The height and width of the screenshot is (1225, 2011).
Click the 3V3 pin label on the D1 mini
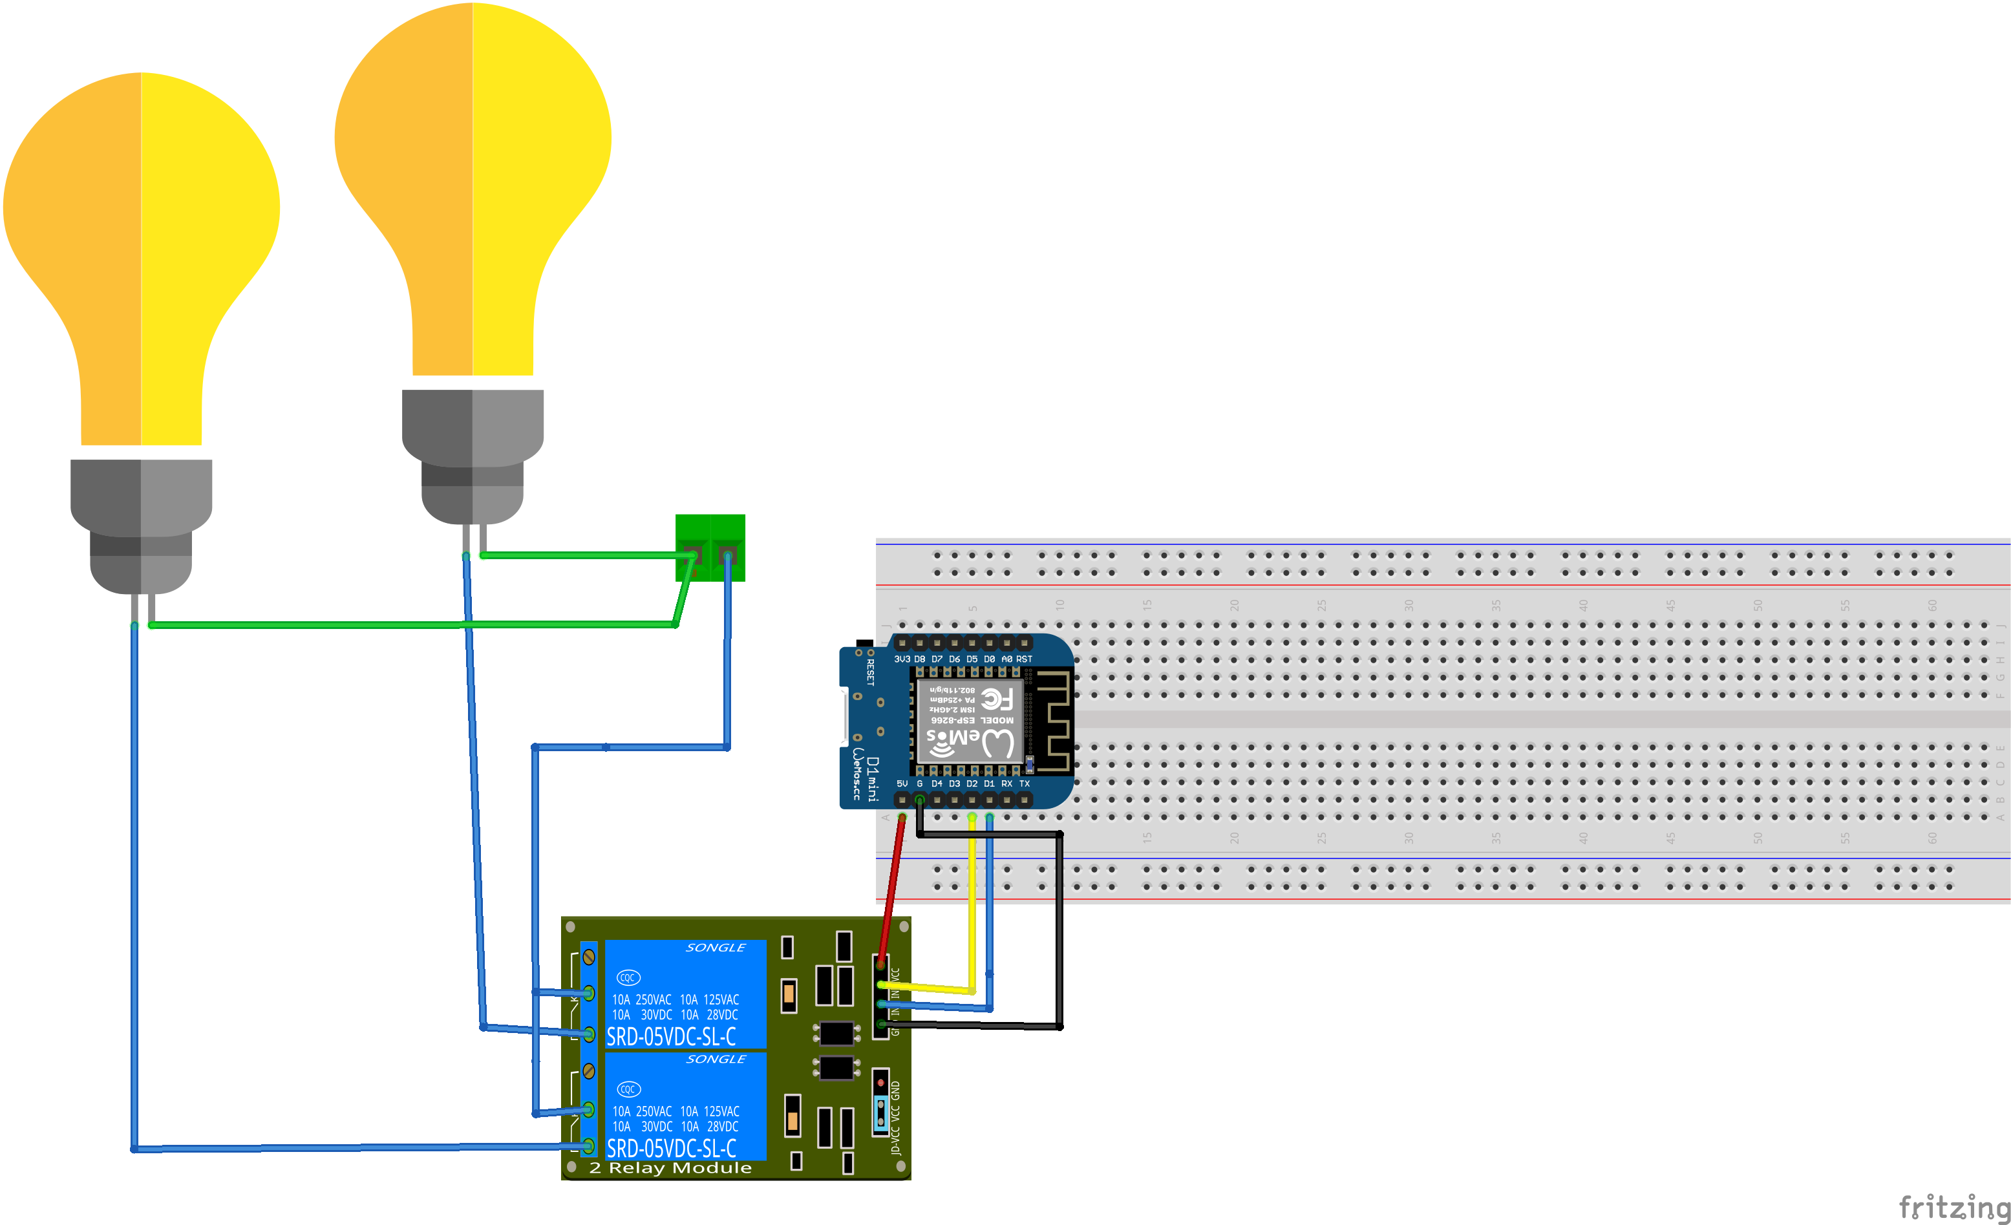pos(901,659)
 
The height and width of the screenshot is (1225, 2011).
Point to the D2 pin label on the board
pos(971,783)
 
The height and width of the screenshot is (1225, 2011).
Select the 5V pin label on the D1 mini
pos(902,783)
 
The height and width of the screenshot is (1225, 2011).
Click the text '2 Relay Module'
pos(670,1168)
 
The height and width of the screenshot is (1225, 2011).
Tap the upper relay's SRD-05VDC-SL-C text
pos(671,1036)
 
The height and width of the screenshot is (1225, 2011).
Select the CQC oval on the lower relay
pos(628,1089)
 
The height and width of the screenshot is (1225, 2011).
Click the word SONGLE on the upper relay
pos(715,948)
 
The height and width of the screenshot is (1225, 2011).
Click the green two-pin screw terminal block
pos(710,548)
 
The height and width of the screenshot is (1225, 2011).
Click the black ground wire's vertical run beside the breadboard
pos(1059,930)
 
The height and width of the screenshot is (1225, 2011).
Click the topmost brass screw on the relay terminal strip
pos(588,957)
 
